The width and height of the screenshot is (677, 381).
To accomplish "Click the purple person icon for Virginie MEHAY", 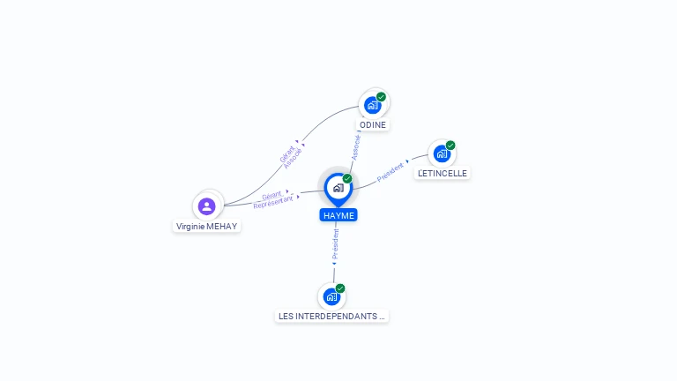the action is (x=207, y=206).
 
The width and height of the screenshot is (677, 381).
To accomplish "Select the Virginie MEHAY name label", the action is (x=207, y=227).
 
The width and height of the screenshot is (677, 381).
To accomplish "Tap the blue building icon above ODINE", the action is (x=372, y=106).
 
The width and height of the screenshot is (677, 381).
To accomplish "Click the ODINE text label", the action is (x=373, y=125).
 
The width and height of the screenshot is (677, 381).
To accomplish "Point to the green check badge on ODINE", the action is (x=381, y=97).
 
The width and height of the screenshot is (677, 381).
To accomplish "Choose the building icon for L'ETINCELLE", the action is (x=442, y=153).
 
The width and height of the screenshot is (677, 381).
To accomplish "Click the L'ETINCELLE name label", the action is (x=443, y=173).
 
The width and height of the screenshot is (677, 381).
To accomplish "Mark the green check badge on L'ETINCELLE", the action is (x=450, y=146).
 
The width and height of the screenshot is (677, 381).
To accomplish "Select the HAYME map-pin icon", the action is (x=338, y=190).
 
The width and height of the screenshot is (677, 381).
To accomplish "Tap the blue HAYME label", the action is (x=338, y=215).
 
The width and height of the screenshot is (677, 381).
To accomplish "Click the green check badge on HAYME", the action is (x=347, y=178).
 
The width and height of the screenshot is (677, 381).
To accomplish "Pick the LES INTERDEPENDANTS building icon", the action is (x=331, y=296).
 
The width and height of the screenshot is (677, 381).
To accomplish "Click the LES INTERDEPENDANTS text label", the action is (x=331, y=317).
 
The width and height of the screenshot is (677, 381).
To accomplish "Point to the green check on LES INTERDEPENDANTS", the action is (x=340, y=288).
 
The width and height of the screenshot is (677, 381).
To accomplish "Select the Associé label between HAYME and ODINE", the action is (x=356, y=148).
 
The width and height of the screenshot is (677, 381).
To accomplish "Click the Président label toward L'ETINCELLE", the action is (x=390, y=172).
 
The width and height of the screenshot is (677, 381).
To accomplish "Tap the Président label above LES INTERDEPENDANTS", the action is (x=336, y=244).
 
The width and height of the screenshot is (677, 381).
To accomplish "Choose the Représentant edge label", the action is (x=273, y=202).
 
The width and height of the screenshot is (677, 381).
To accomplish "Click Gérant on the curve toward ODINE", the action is (x=287, y=154).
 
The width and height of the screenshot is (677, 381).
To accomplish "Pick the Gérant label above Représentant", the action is (x=272, y=195).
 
